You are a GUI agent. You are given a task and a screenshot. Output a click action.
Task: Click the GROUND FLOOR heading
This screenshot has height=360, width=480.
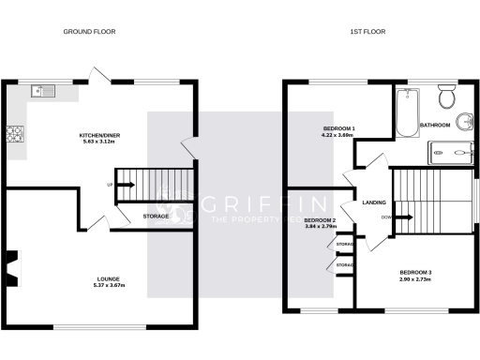tap(90, 32)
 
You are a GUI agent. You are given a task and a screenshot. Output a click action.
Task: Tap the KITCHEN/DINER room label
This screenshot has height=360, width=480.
tap(100, 135)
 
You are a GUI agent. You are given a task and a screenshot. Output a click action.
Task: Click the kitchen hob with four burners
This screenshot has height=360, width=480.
tap(16, 135)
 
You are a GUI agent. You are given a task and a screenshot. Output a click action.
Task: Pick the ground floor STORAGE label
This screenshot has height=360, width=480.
tap(157, 217)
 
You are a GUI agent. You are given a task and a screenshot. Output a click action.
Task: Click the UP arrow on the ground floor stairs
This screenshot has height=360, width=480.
tap(124, 184)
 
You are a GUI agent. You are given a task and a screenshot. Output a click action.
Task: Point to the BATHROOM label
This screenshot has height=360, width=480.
tap(435, 125)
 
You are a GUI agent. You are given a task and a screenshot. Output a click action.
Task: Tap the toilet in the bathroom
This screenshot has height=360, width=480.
tap(445, 96)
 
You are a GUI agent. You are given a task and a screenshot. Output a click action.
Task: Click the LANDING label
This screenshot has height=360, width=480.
tap(364, 201)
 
